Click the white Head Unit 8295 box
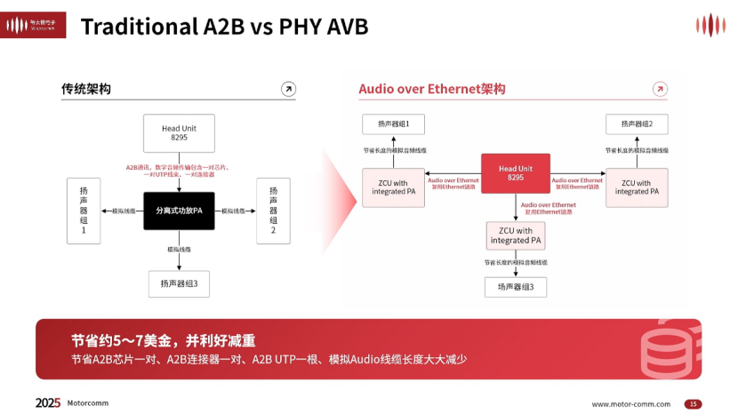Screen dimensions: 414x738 pos(179,133)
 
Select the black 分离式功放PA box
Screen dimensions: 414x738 pos(179,211)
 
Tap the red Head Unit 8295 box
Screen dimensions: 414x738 pos(515,173)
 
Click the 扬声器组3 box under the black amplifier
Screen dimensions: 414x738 pos(179,284)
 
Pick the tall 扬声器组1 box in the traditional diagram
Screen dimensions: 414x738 pos(84,211)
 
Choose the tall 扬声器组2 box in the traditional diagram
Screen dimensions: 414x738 pos(273,211)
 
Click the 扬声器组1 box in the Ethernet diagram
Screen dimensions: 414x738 pos(393,124)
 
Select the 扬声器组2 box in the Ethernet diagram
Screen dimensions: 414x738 pos(637,124)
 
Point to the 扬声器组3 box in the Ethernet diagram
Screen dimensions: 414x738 pos(515,287)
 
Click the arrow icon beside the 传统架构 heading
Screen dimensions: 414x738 pos(288,89)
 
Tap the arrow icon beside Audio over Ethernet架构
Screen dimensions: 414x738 pos(659,89)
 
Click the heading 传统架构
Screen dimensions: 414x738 pos(86,89)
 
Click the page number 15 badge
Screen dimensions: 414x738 pos(693,403)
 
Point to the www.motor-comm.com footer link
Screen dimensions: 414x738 pos(631,403)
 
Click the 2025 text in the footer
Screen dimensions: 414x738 pos(48,402)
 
